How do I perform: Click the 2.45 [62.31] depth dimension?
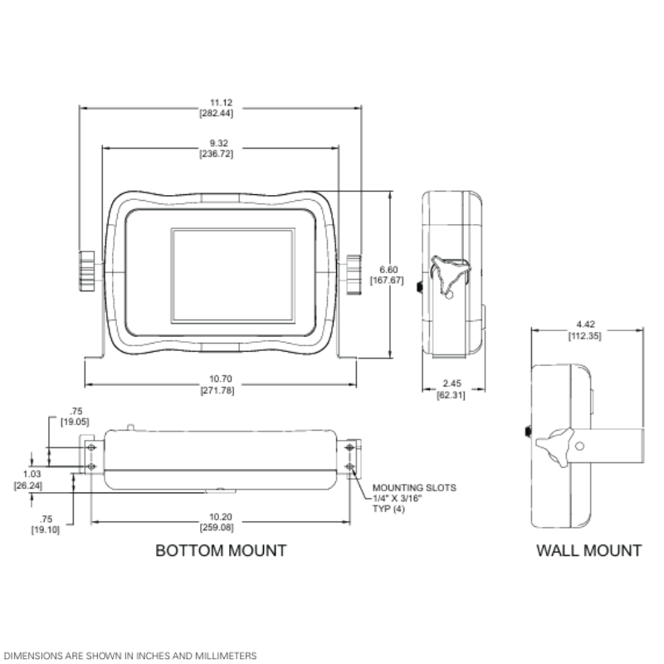pyautogui.click(x=452, y=388)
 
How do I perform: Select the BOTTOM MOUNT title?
pyautogui.click(x=221, y=550)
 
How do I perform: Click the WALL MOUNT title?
pyautogui.click(x=588, y=550)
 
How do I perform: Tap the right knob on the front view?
pyautogui.click(x=356, y=271)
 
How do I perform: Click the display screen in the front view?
pyautogui.click(x=232, y=276)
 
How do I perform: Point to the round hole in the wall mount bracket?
pyautogui.click(x=579, y=446)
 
